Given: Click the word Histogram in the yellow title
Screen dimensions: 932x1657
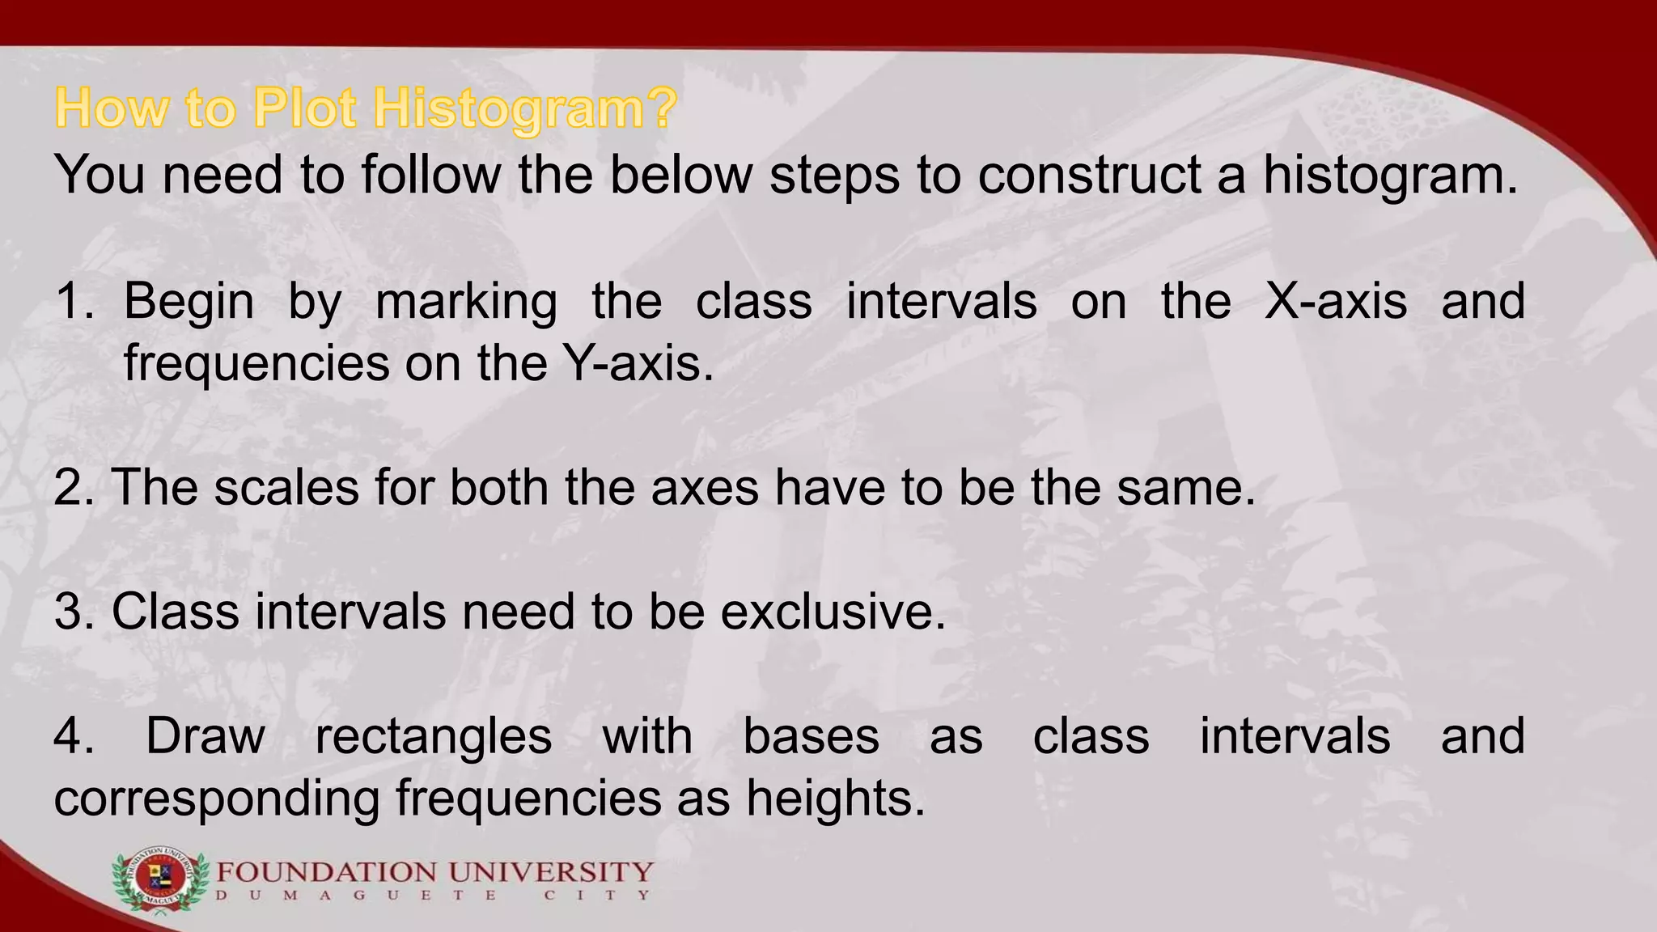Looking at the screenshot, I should [x=524, y=109].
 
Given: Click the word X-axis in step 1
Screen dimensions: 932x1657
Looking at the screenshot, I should [x=1336, y=301].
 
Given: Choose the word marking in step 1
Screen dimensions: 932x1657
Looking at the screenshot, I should [x=467, y=303].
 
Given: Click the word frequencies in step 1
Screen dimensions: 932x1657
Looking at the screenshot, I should [x=256, y=364].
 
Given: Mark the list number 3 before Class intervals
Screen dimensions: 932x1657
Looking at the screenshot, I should [x=73, y=612].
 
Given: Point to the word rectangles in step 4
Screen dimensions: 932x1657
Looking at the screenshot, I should [x=434, y=736].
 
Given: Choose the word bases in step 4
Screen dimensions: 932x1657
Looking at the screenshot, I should [x=811, y=736].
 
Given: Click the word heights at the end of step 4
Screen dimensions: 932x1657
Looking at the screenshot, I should [x=835, y=799].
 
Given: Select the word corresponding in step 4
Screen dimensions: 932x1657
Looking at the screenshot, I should [x=217, y=799].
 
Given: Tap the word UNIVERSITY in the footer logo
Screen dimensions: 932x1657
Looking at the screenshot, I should [x=550, y=873].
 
